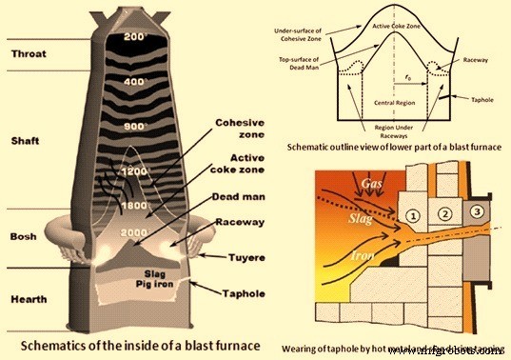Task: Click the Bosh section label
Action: [x=24, y=235]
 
